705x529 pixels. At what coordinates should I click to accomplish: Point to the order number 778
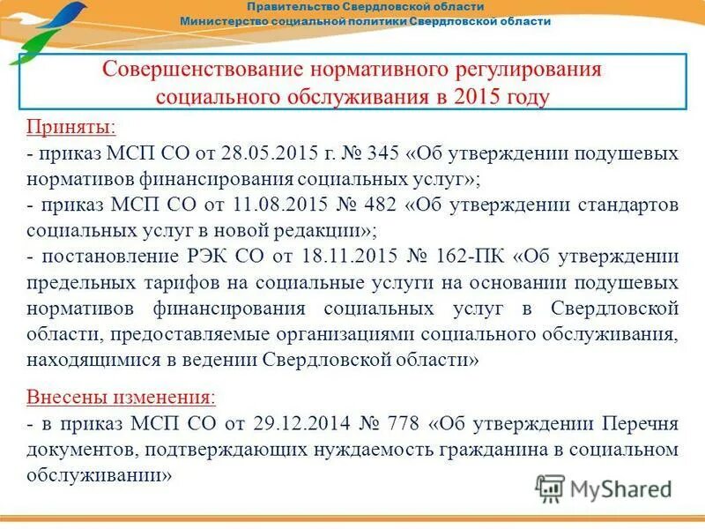point(402,423)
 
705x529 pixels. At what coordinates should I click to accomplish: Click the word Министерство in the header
point(228,20)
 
